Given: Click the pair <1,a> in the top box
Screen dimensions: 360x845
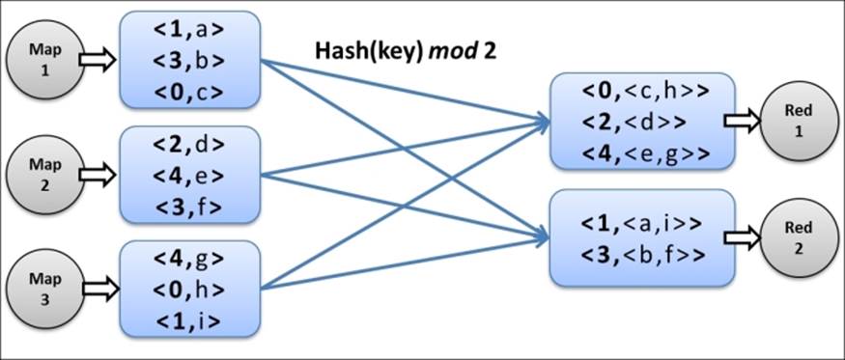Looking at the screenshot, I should coord(189,33).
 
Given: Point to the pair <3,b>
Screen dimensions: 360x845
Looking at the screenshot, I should coord(189,62).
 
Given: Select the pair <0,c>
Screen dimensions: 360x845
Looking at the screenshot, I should coord(189,92).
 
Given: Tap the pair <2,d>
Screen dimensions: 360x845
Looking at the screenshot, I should coord(189,146).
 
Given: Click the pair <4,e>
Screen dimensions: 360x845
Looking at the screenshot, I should coord(189,176).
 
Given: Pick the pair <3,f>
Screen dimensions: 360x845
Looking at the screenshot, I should coord(189,206).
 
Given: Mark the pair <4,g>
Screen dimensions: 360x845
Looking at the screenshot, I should coord(189,260).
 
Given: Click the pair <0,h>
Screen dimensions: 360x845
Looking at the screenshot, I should coord(189,290).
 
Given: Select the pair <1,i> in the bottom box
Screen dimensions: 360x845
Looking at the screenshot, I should coord(189,319).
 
